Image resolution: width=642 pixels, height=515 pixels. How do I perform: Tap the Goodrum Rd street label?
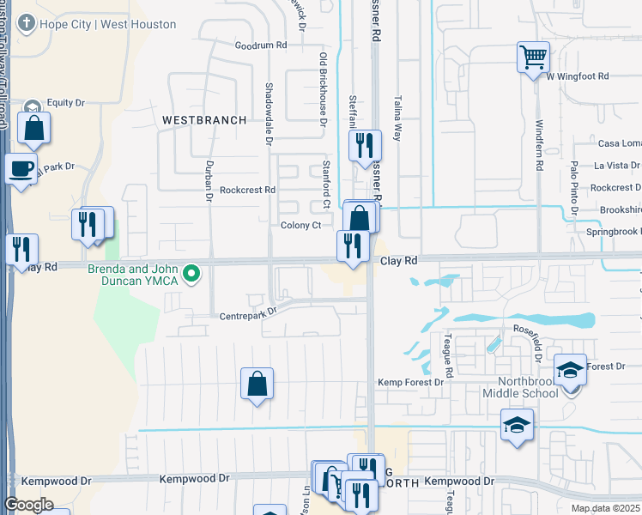click(260, 45)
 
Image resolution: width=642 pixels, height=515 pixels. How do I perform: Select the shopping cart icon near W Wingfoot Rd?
click(533, 58)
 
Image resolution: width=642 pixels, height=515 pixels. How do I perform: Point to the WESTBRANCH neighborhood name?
click(204, 119)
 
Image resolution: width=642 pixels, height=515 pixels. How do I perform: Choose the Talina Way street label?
click(397, 118)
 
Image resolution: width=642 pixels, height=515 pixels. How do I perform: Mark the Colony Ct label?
click(300, 226)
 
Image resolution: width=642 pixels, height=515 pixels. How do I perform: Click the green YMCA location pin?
click(193, 275)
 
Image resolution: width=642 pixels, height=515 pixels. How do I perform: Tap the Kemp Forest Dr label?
click(410, 381)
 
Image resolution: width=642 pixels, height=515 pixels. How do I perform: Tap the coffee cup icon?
click(20, 168)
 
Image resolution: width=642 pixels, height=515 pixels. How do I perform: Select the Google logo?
click(28, 504)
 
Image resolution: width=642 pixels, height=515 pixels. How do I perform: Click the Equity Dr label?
click(66, 103)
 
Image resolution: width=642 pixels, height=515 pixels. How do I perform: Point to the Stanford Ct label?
click(325, 185)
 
